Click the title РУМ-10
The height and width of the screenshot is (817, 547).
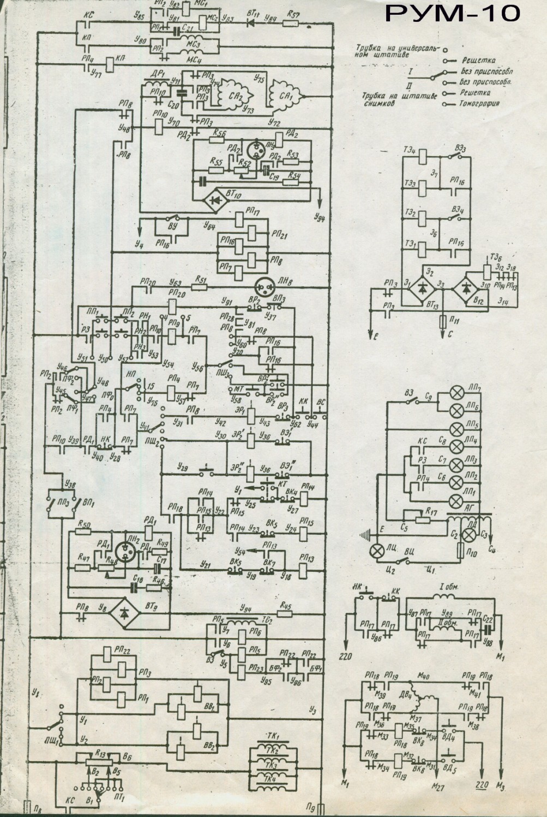pyautogui.click(x=452, y=13)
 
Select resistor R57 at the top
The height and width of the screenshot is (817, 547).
pyautogui.click(x=293, y=23)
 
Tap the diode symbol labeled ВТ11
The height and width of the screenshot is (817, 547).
pyautogui.click(x=252, y=23)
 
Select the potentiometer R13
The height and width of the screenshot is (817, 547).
pyautogui.click(x=100, y=760)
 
